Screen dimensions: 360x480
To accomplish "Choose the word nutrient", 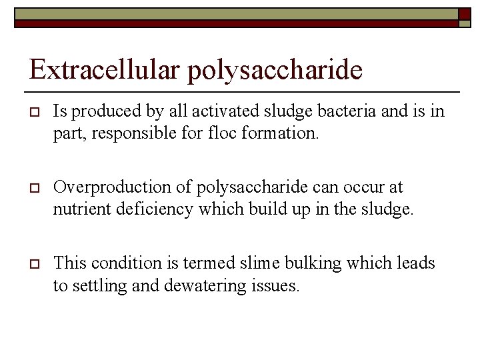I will click(79, 210).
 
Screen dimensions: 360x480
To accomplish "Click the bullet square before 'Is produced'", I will click(33, 112).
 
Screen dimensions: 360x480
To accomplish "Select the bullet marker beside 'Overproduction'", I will click(33, 188).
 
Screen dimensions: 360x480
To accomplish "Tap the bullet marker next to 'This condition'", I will click(33, 264).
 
